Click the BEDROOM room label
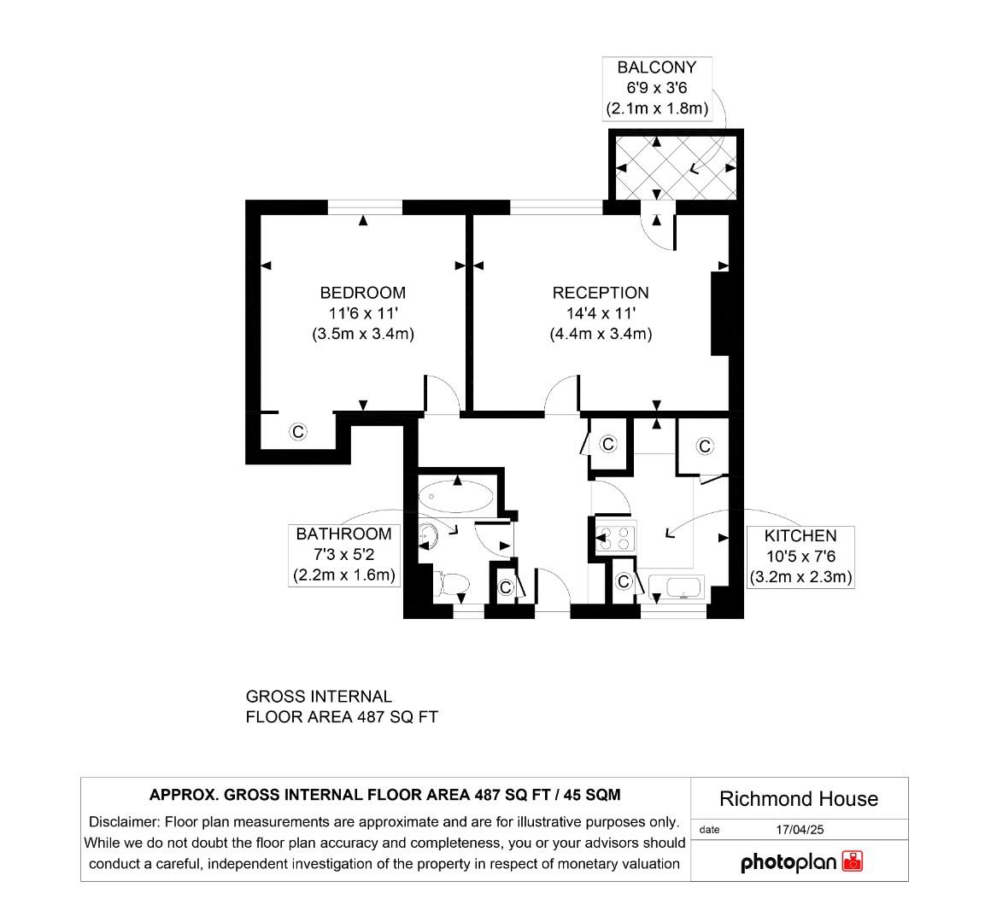(362, 293)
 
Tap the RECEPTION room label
(601, 293)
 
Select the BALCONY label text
(657, 67)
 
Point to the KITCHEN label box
(800, 557)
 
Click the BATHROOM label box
(343, 555)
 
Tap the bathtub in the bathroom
(456, 497)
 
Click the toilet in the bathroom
(452, 585)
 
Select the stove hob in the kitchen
(614, 538)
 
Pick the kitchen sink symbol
(675, 588)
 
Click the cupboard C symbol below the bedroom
(298, 432)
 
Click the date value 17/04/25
(799, 829)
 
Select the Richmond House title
(799, 799)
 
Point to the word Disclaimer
(124, 822)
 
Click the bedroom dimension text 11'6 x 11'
(362, 313)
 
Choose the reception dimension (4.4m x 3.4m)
(601, 334)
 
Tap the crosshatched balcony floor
(675, 166)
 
